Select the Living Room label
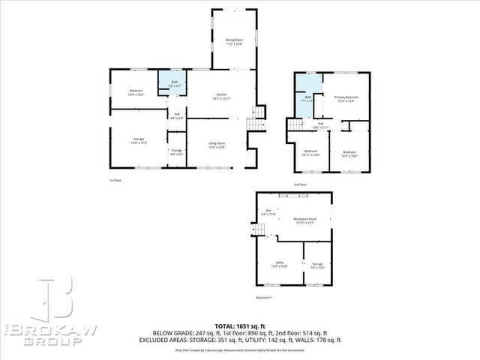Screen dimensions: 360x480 [x=217, y=145]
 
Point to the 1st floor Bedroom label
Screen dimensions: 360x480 [x=136, y=93]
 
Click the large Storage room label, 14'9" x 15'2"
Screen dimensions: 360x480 [x=139, y=140]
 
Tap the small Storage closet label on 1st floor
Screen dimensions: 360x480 [x=177, y=152]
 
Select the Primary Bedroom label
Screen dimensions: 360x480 [x=346, y=99]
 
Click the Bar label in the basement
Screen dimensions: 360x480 [x=268, y=212]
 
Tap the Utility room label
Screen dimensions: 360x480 [x=279, y=265]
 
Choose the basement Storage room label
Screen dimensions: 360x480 [x=317, y=265]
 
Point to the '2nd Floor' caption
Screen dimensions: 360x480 [x=300, y=184]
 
